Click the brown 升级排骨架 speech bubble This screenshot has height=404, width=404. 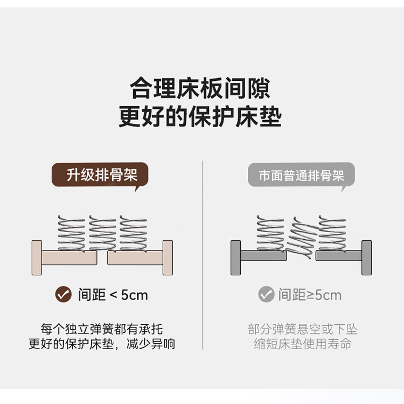[x=100, y=175]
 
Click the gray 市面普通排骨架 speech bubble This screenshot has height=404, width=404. [x=301, y=175]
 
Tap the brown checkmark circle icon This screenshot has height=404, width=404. [x=63, y=294]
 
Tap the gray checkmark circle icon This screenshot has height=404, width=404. [x=266, y=294]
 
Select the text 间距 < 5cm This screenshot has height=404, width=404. [x=113, y=295]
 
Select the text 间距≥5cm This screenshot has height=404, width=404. [x=310, y=295]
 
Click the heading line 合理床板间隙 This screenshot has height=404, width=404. [x=200, y=88]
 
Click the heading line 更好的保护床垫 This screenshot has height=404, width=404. [x=200, y=116]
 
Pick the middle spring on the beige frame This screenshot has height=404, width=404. [x=102, y=233]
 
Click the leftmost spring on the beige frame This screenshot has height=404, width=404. [x=71, y=233]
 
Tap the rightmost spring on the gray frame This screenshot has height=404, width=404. [x=332, y=233]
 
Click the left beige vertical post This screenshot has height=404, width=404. [x=37, y=257]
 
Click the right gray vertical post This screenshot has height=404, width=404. [x=367, y=257]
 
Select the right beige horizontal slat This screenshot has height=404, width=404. [x=135, y=257]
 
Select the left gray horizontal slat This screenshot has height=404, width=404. [x=263, y=255]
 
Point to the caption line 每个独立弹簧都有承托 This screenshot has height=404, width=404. [x=102, y=329]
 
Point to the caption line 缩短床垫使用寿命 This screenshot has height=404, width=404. [x=303, y=344]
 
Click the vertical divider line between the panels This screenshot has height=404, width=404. [x=202, y=255]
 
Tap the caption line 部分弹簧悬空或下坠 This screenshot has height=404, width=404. [x=303, y=329]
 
